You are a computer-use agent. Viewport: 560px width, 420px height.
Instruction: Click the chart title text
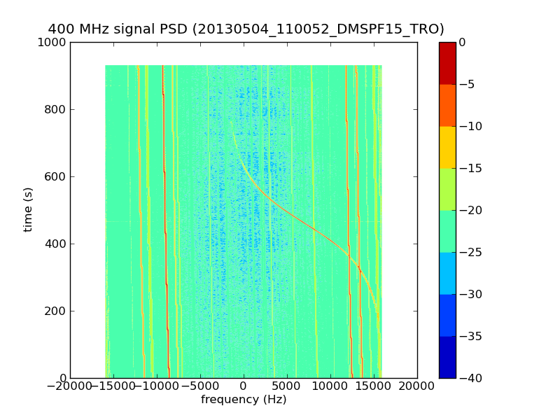246,29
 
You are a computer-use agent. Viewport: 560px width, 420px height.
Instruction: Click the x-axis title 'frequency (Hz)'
244,400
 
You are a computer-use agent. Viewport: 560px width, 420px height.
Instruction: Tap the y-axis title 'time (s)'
29,209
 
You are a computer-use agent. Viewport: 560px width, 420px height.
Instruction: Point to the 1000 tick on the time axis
54,42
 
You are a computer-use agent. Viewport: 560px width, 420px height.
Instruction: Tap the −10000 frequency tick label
157,386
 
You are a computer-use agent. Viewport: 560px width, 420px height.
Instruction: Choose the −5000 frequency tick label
201,386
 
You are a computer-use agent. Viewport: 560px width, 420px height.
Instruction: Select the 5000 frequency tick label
287,386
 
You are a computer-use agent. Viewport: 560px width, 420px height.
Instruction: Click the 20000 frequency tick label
417,386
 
